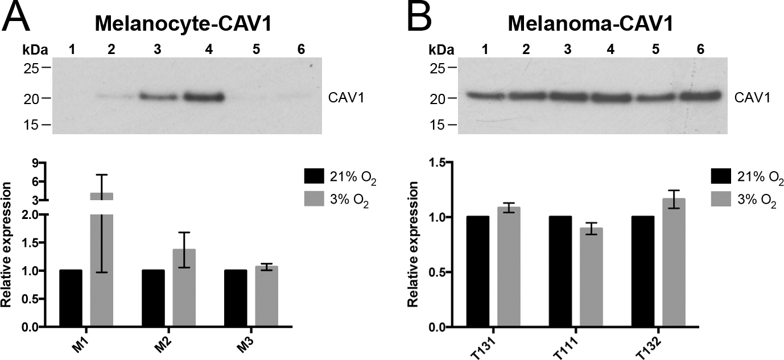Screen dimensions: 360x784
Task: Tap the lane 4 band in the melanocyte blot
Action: [204, 98]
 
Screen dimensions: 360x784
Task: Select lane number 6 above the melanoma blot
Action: [700, 49]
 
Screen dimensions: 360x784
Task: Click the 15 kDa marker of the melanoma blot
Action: [436, 124]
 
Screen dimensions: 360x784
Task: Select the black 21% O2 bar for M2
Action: [153, 299]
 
